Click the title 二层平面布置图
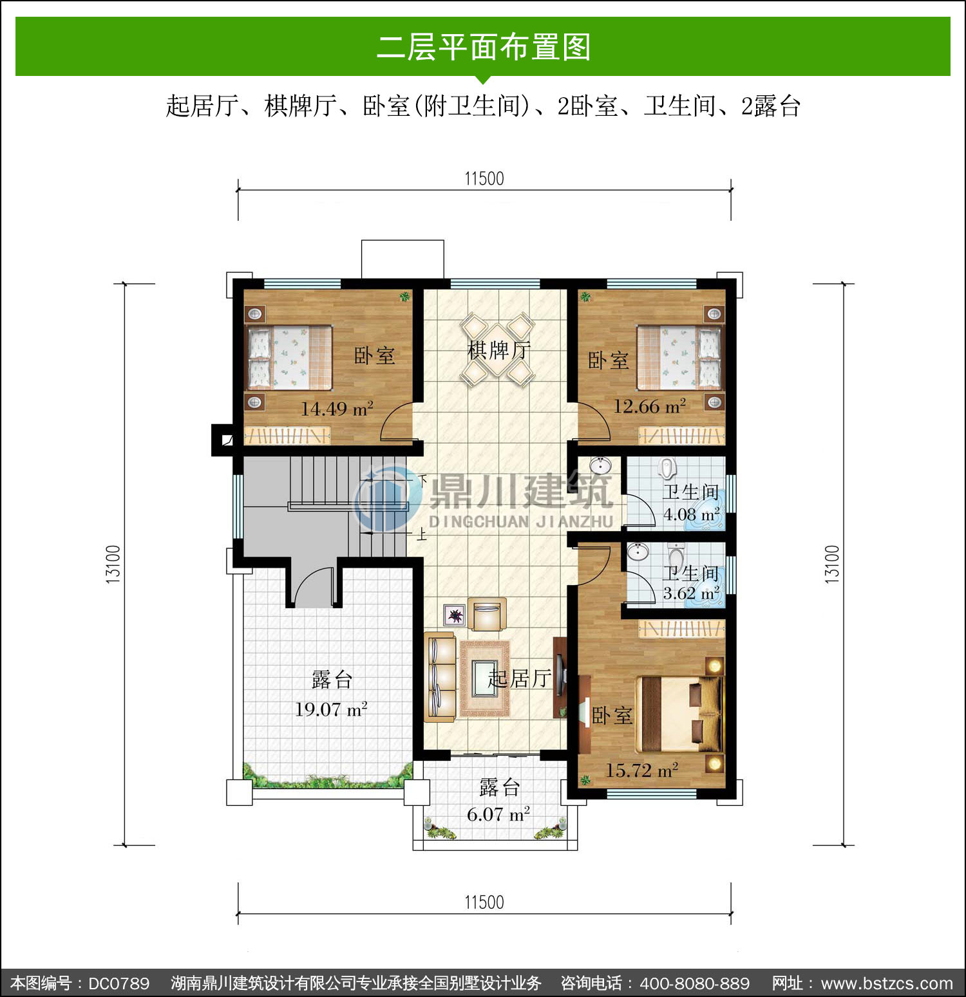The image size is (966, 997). tap(484, 47)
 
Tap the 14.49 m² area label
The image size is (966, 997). tap(337, 409)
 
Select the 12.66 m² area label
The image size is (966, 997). tap(649, 406)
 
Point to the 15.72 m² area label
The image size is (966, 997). tap(641, 770)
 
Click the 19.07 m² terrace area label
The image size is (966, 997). tap(331, 709)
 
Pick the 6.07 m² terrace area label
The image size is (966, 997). tap(498, 814)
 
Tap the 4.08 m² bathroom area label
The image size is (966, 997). tap(692, 515)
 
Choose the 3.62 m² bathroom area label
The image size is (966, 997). tap(692, 593)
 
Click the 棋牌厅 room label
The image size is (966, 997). tap(499, 351)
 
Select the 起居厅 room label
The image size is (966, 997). tap(520, 678)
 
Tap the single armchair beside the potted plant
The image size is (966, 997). tap(487, 615)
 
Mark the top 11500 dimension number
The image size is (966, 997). tap(484, 178)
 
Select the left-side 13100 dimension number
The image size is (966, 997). tap(113, 564)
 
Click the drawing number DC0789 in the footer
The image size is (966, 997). tap(118, 983)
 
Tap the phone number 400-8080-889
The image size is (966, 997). tap(695, 983)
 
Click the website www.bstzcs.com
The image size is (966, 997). tap(887, 983)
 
